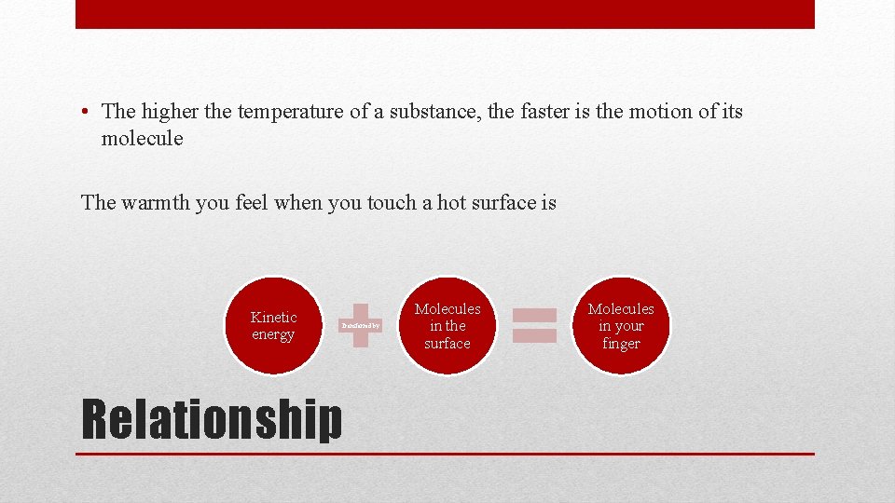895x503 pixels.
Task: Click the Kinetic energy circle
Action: pos(273,326)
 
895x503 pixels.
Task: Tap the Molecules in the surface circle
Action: pos(447,326)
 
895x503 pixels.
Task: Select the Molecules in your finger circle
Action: pos(621,326)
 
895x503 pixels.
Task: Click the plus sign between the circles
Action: pos(361,326)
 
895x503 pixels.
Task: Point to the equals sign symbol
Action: pos(534,326)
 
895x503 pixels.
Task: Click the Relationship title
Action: pos(213,419)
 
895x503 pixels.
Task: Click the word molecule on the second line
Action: pos(142,139)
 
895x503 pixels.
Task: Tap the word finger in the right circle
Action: pos(621,344)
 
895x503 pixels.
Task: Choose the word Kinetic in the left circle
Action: pos(273,318)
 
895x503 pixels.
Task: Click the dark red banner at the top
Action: pos(445,14)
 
